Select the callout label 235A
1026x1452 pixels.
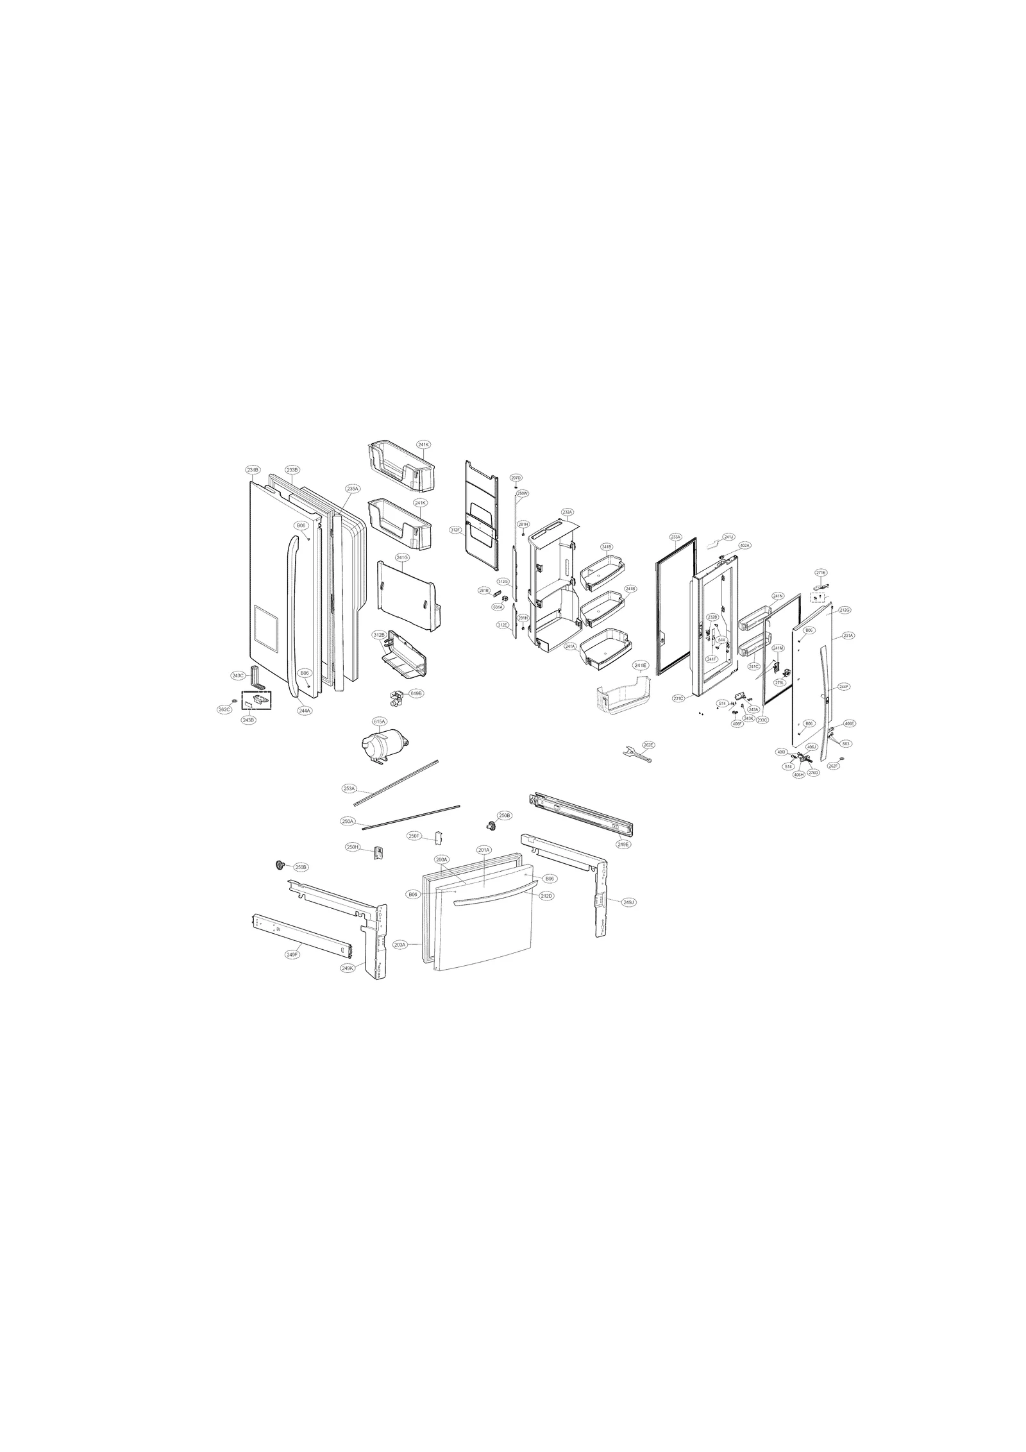[x=352, y=489]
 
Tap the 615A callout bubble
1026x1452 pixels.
[x=380, y=722]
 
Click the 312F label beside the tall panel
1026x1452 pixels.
[x=455, y=530]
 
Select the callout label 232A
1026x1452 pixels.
[x=567, y=512]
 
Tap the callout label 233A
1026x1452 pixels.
[x=675, y=536]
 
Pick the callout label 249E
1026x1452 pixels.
[x=623, y=845]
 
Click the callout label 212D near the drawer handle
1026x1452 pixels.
[x=546, y=895]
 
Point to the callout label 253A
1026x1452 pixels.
[x=349, y=788]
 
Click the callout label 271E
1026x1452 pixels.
[x=821, y=572]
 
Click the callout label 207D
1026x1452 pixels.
[x=516, y=478]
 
